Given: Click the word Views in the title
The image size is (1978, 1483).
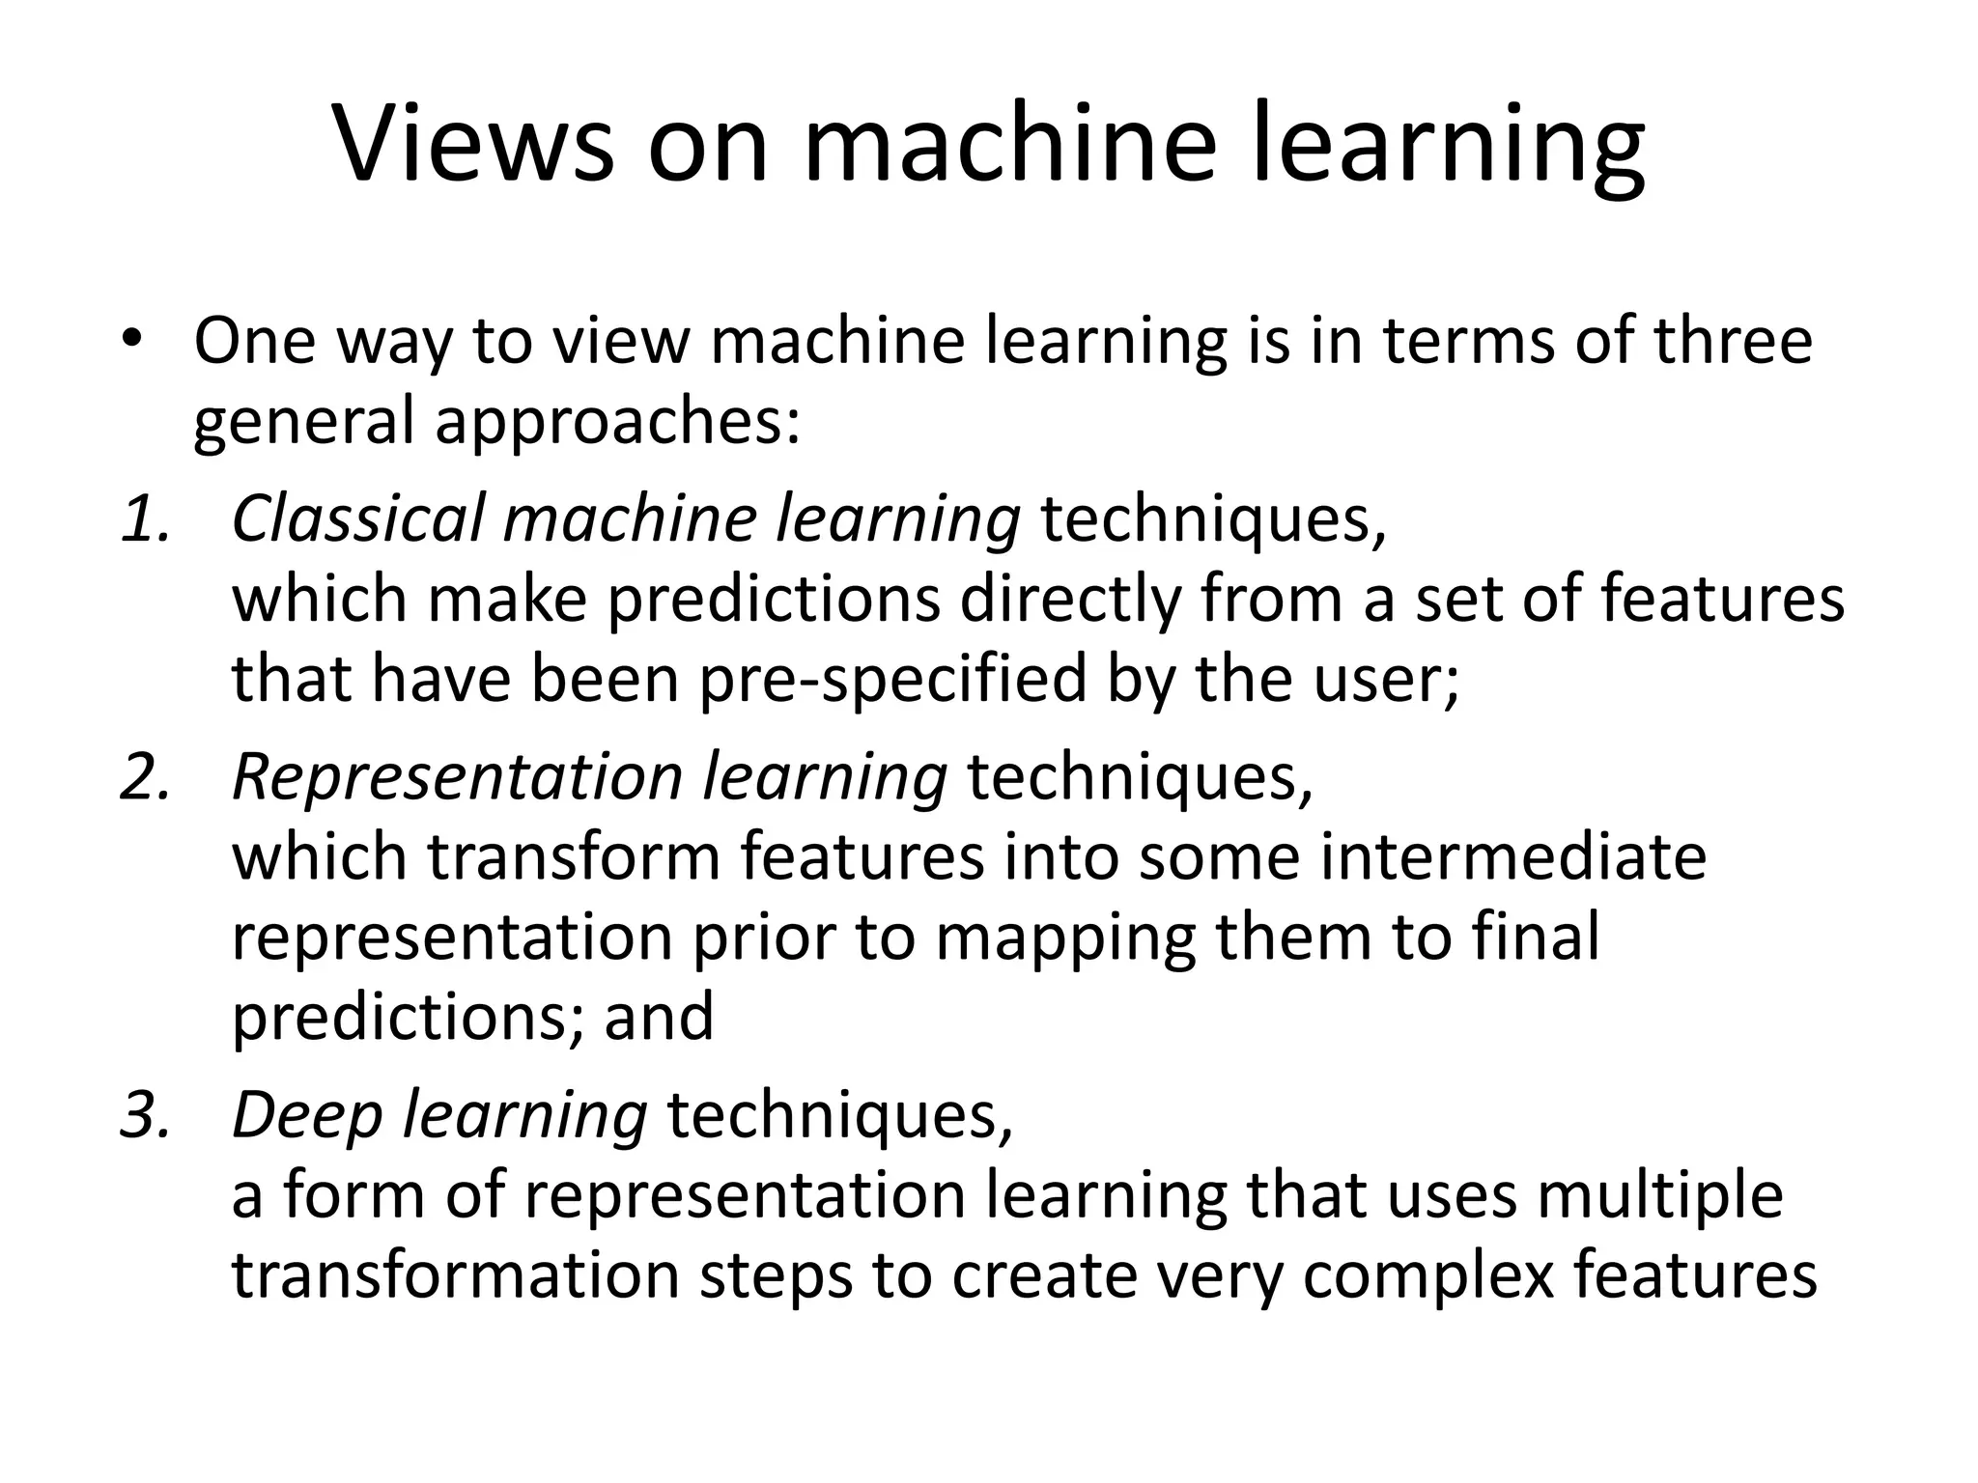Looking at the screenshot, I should coord(474,143).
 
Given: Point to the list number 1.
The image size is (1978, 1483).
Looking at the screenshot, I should coord(145,518).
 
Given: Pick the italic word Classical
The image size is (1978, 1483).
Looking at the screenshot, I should coord(356,518).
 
